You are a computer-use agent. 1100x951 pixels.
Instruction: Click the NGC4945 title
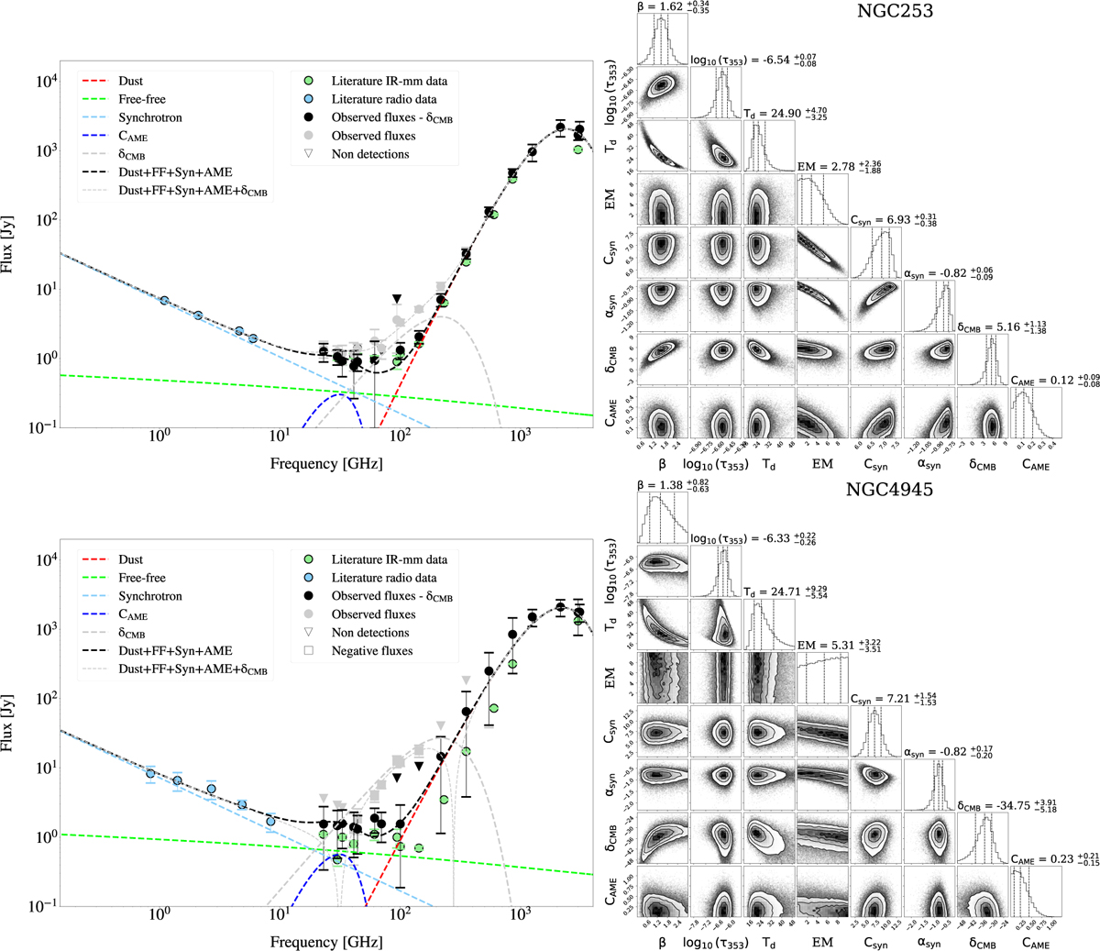[889, 490]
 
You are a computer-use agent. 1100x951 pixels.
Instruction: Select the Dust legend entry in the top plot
[130, 81]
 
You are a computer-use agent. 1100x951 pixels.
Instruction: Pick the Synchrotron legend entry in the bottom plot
[149, 596]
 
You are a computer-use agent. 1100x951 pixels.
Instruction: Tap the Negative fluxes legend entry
[372, 651]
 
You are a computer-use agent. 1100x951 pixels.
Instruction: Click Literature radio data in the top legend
[383, 99]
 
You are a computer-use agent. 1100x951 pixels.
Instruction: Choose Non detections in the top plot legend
[370, 154]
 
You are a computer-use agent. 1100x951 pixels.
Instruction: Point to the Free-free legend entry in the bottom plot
[142, 578]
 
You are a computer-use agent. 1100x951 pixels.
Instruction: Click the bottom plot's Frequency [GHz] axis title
[326, 942]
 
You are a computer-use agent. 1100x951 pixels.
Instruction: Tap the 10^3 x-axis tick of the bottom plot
[521, 921]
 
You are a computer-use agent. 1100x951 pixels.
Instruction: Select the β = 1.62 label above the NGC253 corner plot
[675, 7]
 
